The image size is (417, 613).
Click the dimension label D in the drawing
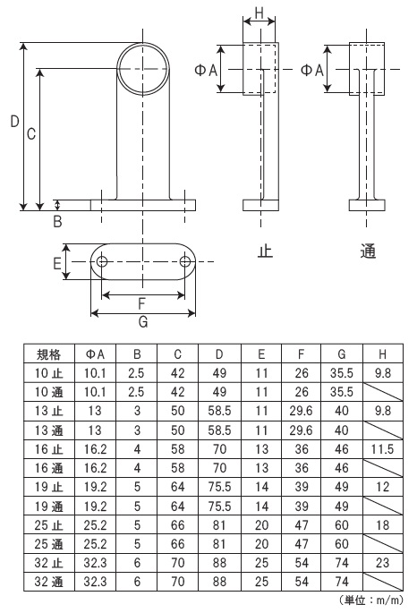(x=14, y=121)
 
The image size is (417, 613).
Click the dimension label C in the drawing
(x=31, y=134)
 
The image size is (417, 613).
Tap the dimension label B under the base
(x=57, y=222)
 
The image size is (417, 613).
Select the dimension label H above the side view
(x=260, y=13)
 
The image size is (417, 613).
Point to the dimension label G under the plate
(x=143, y=322)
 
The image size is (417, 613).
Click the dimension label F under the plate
(x=141, y=303)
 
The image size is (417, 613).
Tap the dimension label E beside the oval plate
(x=57, y=263)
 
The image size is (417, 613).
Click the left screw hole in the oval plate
(x=102, y=261)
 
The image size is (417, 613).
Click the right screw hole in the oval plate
(x=184, y=261)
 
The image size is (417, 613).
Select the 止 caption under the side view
(x=265, y=251)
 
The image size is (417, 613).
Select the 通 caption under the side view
(x=368, y=251)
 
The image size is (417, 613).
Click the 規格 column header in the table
(x=49, y=354)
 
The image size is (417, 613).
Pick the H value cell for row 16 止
(x=382, y=449)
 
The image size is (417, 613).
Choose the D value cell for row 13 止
(x=219, y=412)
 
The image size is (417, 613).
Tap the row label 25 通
(x=48, y=544)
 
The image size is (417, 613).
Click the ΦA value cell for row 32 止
(x=95, y=563)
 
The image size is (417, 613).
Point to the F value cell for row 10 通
(x=301, y=392)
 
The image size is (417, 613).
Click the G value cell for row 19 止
(x=342, y=487)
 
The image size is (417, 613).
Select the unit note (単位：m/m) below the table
(x=370, y=600)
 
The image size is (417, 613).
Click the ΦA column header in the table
(x=95, y=354)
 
